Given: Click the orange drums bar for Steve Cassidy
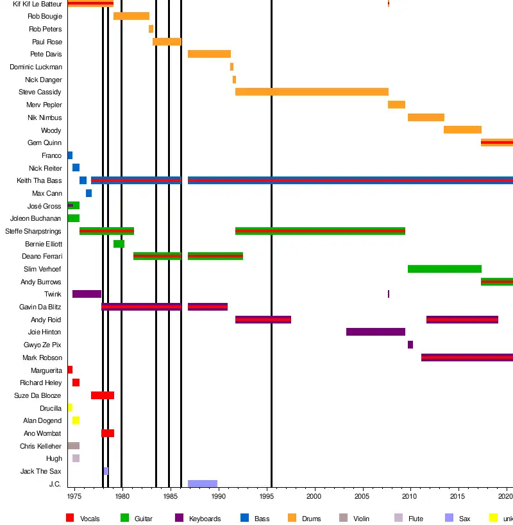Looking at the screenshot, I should [x=312, y=92].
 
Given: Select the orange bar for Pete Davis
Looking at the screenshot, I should [x=209, y=54].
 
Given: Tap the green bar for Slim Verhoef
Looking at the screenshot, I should [x=444, y=269].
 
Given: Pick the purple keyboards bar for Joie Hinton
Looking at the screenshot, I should [x=375, y=332].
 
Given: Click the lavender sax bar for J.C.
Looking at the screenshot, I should [x=203, y=484].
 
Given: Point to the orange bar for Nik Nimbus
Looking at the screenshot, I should [x=426, y=117].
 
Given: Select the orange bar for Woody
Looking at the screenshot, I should [x=462, y=130].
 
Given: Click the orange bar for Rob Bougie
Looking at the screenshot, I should [x=131, y=16].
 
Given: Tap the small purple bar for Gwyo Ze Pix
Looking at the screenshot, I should [x=410, y=345].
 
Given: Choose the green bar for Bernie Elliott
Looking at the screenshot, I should [x=119, y=244].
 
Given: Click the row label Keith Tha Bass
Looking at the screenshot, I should [x=39, y=181].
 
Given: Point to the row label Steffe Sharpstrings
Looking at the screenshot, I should [x=33, y=231].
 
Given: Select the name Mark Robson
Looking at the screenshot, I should [x=42, y=357].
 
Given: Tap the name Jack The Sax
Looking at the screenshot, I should [x=40, y=471].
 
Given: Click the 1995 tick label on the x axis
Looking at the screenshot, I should [x=266, y=496].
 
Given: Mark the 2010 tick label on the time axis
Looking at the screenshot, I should [x=410, y=496].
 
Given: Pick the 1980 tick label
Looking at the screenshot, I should [x=122, y=496].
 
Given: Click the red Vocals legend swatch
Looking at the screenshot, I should [x=71, y=518].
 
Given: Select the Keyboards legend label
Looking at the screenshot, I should [x=205, y=519].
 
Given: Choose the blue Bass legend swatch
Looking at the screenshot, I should [x=244, y=518].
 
